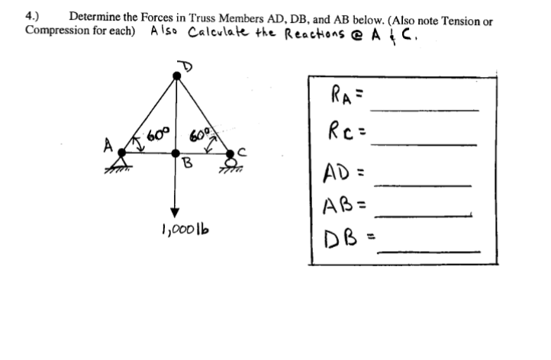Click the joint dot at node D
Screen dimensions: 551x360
coord(176,75)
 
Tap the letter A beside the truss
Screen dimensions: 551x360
coord(108,143)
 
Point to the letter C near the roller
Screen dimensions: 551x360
coord(242,149)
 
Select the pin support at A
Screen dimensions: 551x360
coord(121,159)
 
